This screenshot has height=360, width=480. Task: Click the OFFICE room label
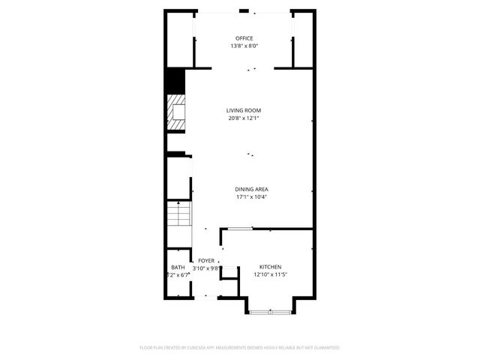pos(244,38)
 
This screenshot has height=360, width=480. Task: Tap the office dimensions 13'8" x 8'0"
pos(244,46)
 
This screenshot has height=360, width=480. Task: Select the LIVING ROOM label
pos(244,110)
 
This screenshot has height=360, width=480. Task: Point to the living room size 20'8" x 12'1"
pos(244,118)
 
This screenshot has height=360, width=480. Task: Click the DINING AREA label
pos(251,189)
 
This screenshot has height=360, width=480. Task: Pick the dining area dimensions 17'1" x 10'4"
pos(251,197)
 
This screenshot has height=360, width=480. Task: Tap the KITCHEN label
pos(270,268)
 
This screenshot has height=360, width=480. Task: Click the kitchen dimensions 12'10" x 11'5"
pos(270,275)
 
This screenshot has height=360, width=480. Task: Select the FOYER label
pos(206,260)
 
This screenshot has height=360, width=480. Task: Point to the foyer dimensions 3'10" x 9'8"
pos(206,268)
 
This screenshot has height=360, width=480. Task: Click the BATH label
pos(178,268)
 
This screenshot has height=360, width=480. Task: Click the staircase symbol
pos(179,216)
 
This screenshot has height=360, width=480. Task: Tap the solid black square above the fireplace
pos(175,79)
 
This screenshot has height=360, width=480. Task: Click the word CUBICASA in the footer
pos(197,348)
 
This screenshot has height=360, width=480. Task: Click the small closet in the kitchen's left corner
pos(229,286)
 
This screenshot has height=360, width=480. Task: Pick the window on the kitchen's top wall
pos(240,228)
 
